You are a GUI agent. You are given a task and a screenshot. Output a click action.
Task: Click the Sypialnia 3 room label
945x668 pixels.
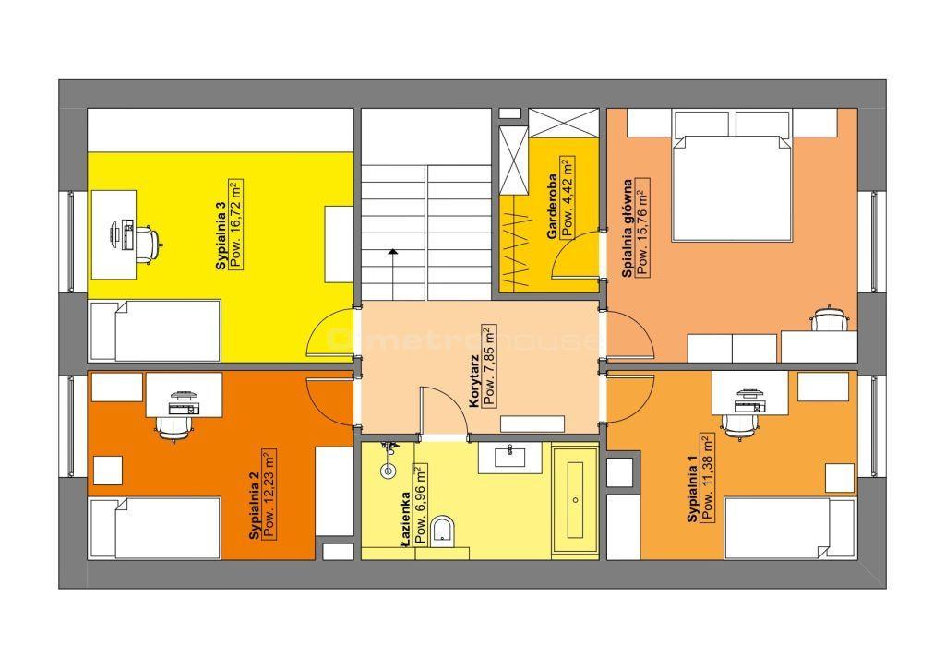pyautogui.click(x=221, y=235)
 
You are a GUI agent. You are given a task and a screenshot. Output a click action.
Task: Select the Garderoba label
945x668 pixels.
pyautogui.click(x=552, y=207)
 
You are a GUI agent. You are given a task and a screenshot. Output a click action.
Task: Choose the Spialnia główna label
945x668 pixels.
pyautogui.click(x=628, y=228)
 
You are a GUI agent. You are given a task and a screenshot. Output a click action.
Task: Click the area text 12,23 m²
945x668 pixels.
pyautogui.click(x=269, y=483)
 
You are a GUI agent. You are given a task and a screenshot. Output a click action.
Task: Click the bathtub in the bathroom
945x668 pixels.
pyautogui.click(x=576, y=500)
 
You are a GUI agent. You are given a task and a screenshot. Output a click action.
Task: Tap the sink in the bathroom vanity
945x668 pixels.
pyautogui.click(x=509, y=457)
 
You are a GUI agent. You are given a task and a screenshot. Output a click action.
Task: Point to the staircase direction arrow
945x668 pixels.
pyautogui.click(x=392, y=273)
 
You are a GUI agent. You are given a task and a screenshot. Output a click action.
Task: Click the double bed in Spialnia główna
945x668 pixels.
pyautogui.click(x=731, y=188)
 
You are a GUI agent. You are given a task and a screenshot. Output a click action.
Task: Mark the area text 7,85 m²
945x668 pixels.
pyautogui.click(x=489, y=365)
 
